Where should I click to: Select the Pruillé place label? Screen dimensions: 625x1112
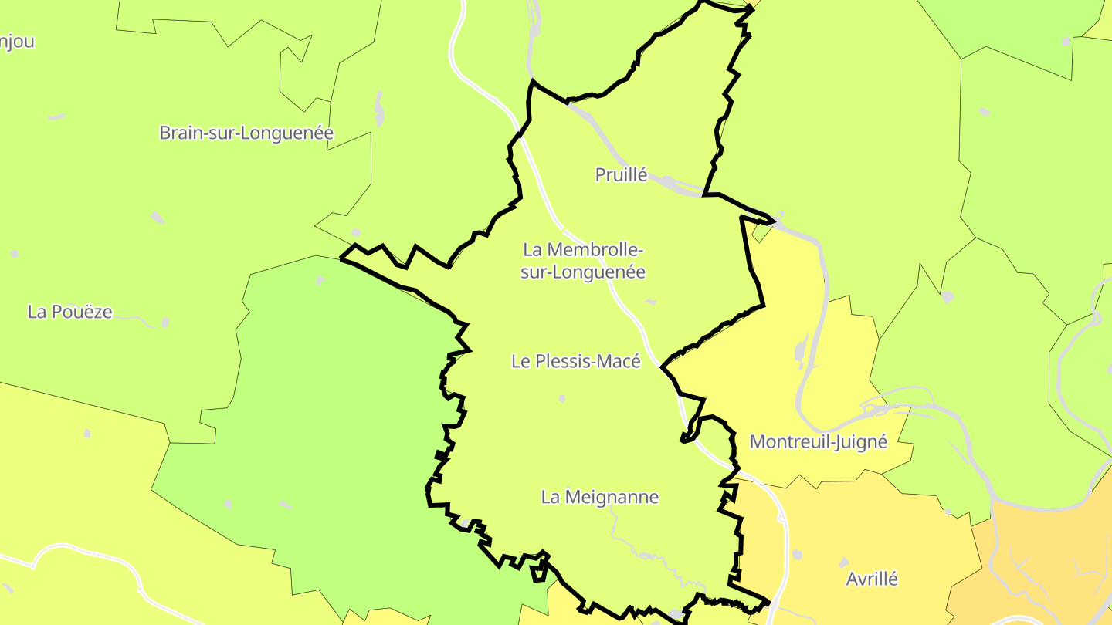(621, 175)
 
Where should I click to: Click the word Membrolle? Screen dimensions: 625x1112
(593, 250)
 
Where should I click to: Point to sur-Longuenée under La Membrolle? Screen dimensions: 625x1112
(582, 272)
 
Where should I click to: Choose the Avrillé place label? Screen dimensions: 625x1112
(872, 579)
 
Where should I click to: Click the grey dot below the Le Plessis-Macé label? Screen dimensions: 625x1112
(561, 399)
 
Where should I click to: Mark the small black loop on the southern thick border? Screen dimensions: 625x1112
(538, 572)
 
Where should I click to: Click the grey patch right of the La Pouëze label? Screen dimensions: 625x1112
(164, 322)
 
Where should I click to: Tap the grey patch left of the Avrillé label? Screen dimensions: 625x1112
(797, 555)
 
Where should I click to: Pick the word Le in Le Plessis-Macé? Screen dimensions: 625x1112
(520, 361)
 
